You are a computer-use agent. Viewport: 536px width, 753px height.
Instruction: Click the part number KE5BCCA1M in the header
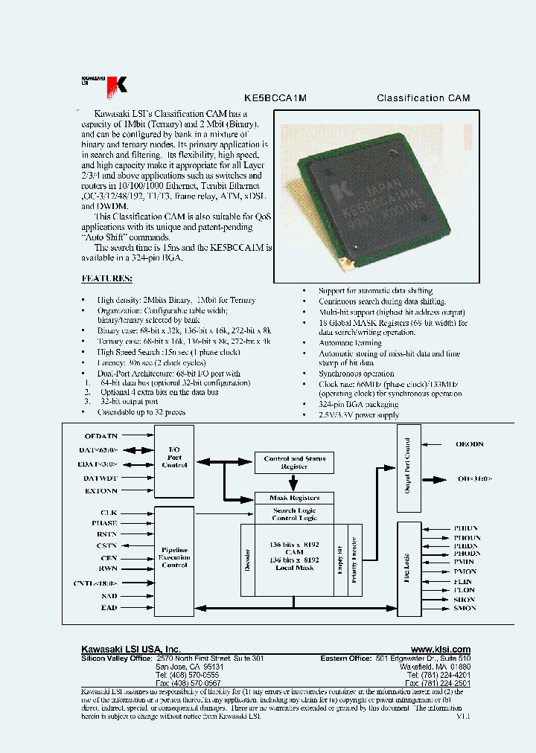[x=275, y=98]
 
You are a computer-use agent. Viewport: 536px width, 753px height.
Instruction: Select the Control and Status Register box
[x=294, y=463]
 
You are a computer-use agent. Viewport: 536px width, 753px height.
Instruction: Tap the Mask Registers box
[x=294, y=498]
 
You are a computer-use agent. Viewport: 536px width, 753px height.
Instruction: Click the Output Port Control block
[x=409, y=468]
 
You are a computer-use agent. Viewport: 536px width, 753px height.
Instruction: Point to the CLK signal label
[x=109, y=513]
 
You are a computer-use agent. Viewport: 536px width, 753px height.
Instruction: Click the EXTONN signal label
[x=100, y=491]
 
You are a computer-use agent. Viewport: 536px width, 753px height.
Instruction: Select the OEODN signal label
[x=469, y=444]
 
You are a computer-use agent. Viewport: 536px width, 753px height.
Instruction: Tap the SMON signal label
[x=465, y=608]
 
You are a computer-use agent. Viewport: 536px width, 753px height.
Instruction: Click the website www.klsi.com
[x=440, y=650]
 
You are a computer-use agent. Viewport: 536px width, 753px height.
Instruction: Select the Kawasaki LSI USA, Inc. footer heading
[x=130, y=650]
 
